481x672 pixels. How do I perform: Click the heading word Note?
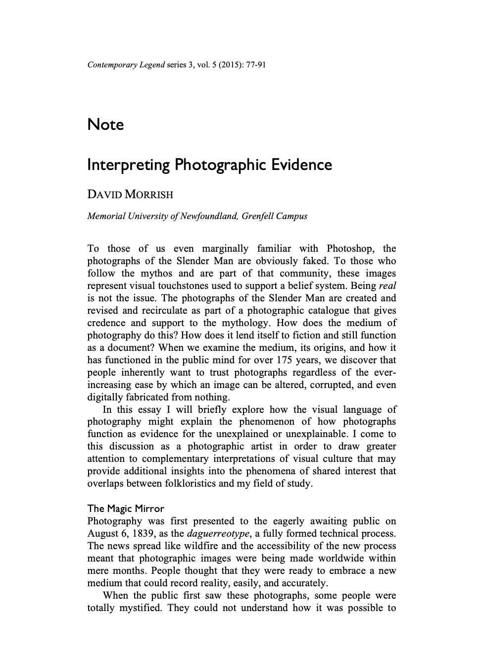(x=105, y=124)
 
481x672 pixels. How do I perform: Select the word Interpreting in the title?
(x=128, y=165)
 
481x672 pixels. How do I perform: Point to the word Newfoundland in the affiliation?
(x=208, y=216)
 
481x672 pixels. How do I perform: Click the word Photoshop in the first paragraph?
(x=350, y=249)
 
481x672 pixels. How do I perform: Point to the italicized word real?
(x=387, y=286)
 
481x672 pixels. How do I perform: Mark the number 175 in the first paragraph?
(x=286, y=360)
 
